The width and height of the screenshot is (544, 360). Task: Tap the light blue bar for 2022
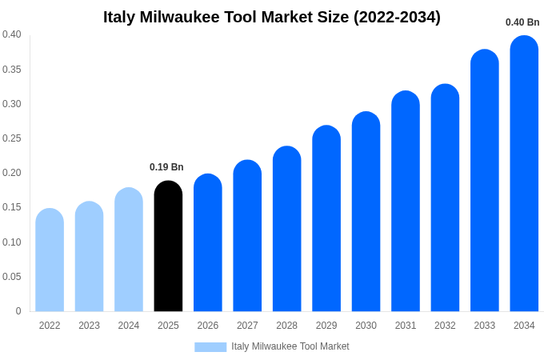(50, 260)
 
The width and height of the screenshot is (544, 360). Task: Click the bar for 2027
(247, 236)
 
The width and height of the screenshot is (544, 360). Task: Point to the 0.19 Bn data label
(166, 167)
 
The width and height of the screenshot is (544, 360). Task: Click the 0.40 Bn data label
(522, 22)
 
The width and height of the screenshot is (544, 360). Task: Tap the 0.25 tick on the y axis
(12, 138)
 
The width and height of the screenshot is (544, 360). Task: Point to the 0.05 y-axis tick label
(12, 277)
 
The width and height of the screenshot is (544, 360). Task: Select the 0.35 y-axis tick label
(12, 70)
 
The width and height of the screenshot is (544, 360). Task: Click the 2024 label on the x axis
(129, 326)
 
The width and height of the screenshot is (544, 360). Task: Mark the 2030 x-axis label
(366, 326)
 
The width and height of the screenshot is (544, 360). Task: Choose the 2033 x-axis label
(484, 326)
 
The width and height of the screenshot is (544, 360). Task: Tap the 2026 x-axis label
(208, 326)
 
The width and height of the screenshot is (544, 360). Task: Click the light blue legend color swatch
(210, 347)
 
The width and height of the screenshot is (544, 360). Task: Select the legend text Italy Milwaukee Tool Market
(290, 346)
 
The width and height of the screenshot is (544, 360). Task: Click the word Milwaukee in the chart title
(181, 17)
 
